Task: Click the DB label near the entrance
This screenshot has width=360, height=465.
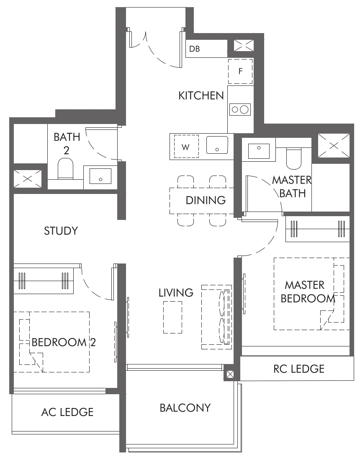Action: tap(194, 49)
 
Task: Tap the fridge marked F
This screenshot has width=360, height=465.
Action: tap(240, 71)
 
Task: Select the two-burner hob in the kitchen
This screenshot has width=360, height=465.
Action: tap(240, 110)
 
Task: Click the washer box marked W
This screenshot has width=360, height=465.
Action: tap(186, 147)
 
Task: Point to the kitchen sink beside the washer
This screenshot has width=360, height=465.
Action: tap(217, 145)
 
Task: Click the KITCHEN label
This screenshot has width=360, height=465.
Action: tap(201, 96)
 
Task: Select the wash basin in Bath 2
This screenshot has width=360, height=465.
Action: tap(100, 176)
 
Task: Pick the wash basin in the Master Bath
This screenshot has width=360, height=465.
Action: tap(259, 151)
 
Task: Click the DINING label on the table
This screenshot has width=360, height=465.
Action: tap(206, 200)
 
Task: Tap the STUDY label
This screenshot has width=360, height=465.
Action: tap(61, 231)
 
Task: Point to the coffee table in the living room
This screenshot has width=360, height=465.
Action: tap(172, 317)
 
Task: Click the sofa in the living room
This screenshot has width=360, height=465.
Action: tap(216, 317)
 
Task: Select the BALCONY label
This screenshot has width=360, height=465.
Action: tap(185, 408)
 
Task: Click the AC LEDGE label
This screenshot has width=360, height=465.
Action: tap(67, 412)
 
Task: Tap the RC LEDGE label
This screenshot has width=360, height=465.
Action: tap(299, 369)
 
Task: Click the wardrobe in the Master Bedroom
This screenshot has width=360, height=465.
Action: tap(317, 229)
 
